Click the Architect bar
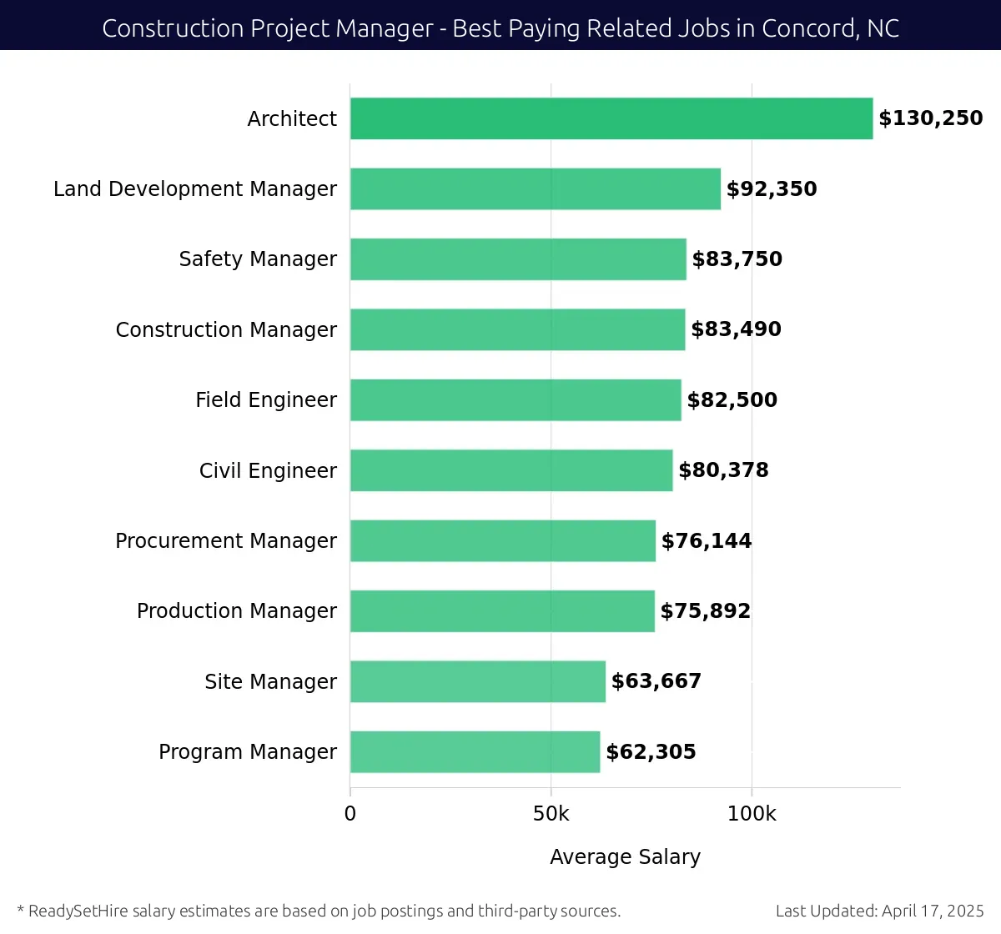click(611, 118)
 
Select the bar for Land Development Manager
click(535, 188)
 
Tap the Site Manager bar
click(477, 681)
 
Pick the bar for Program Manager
click(475, 751)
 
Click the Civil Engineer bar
click(511, 470)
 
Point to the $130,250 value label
click(930, 118)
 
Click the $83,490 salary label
click(736, 329)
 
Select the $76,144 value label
click(706, 540)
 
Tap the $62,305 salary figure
click(651, 751)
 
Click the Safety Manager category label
click(258, 259)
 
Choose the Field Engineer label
click(266, 400)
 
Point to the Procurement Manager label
click(226, 541)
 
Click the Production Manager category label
click(237, 611)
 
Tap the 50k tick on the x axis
click(551, 814)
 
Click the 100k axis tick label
click(752, 814)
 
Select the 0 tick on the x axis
click(350, 814)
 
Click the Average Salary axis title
click(625, 856)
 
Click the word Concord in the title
click(808, 28)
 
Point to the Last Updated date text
click(879, 911)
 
